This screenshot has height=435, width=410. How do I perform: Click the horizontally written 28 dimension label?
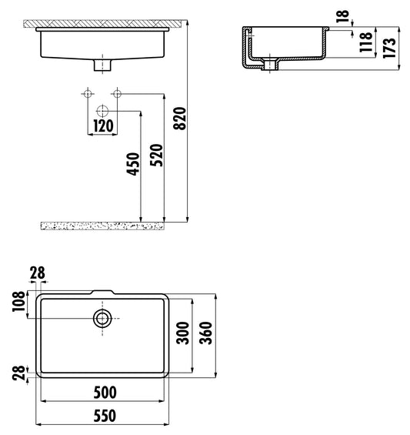point(36,272)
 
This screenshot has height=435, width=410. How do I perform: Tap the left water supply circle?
point(88,95)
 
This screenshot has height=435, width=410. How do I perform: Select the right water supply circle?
point(117,95)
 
